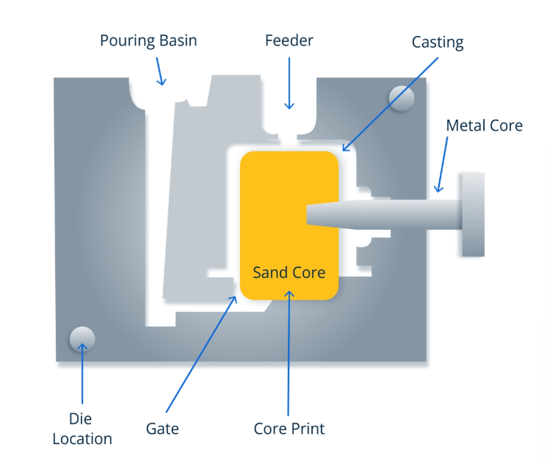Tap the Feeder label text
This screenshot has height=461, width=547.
[x=289, y=40]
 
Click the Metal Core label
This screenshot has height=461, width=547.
[x=484, y=126]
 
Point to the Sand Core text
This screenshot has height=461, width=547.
[x=289, y=272]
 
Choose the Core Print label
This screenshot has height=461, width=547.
[x=289, y=428]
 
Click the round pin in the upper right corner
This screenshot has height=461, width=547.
[x=402, y=98]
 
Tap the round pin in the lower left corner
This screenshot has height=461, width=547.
[x=81, y=338]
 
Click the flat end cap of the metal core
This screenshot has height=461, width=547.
[x=473, y=214]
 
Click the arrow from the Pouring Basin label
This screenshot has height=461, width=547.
[x=159, y=71]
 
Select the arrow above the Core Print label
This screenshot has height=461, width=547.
[x=289, y=352]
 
